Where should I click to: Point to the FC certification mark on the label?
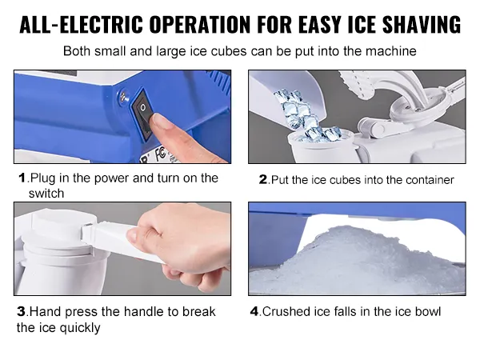click(161, 153)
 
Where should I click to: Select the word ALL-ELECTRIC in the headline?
click(81, 24)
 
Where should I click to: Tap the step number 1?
click(22, 178)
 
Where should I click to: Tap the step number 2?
click(263, 179)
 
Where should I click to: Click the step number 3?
click(22, 312)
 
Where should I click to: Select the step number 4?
click(254, 312)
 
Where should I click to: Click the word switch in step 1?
click(46, 194)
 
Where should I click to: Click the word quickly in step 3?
click(79, 328)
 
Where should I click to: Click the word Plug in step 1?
click(43, 178)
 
